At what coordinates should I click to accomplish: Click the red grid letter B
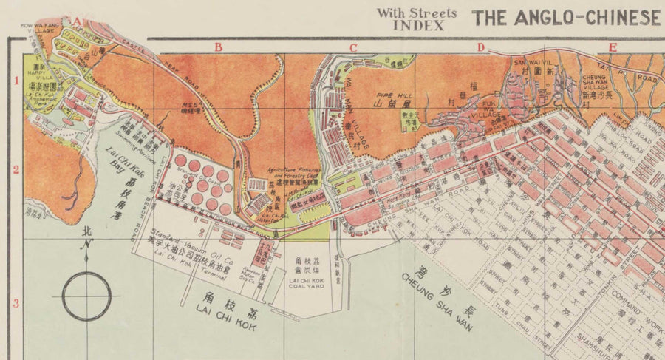(218, 48)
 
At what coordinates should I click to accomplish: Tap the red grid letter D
(481, 48)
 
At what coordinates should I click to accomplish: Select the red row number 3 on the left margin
(15, 303)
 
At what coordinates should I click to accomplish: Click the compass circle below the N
(86, 296)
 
